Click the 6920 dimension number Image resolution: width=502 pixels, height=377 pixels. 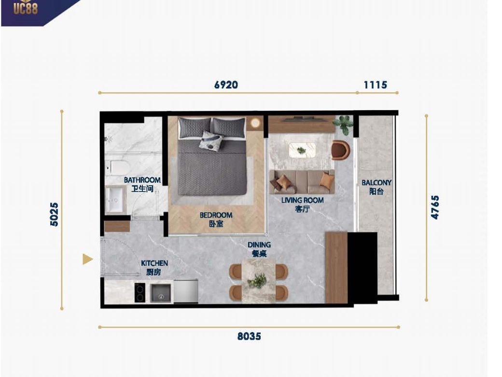226,85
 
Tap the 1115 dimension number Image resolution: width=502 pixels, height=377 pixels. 375,85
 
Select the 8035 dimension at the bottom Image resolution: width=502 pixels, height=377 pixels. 249,336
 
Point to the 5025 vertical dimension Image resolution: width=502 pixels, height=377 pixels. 55,214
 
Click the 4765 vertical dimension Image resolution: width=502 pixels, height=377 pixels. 435,207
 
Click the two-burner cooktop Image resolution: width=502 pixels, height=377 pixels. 140,292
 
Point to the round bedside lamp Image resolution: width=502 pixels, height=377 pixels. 255,123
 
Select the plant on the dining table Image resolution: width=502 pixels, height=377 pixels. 257,280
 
